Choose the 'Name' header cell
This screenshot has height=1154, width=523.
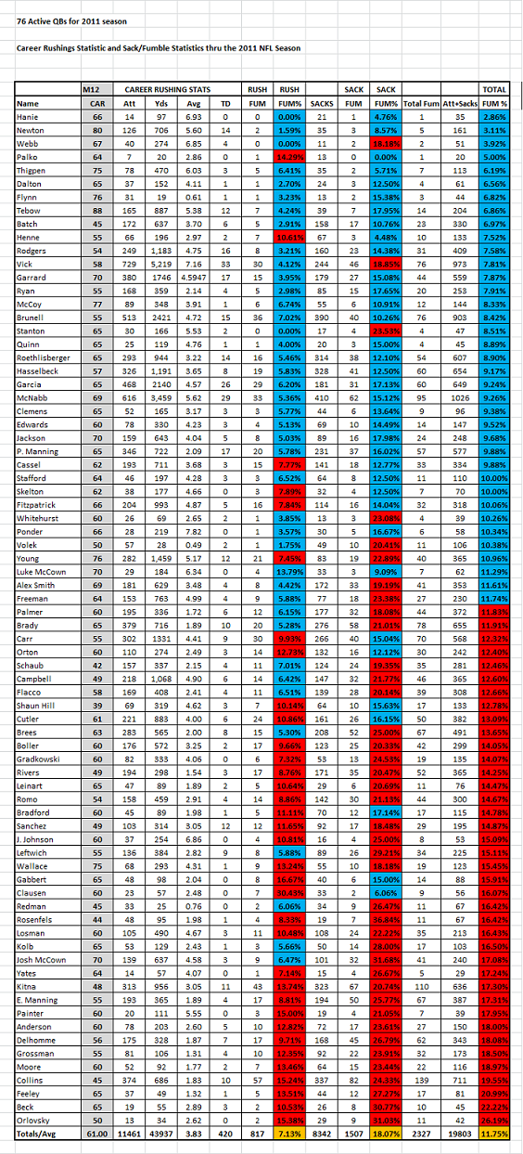tap(28, 103)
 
